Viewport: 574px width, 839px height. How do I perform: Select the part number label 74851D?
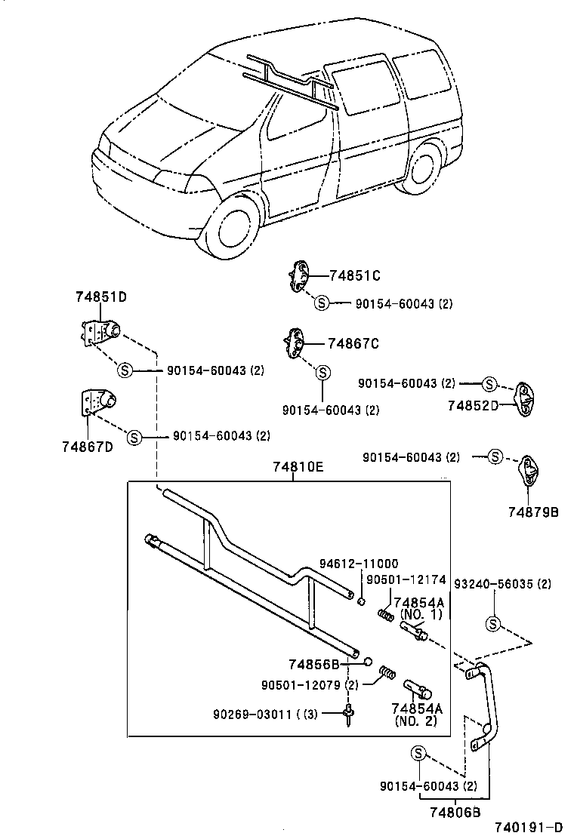click(100, 297)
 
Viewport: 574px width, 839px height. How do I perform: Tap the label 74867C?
click(353, 344)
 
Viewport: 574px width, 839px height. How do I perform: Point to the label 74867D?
click(88, 446)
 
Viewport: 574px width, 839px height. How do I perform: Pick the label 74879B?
click(532, 512)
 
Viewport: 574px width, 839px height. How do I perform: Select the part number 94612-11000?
click(357, 563)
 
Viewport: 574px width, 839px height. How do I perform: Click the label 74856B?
click(313, 664)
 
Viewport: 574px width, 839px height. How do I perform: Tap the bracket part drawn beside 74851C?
click(300, 276)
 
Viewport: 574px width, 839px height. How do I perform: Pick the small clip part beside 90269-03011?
click(349, 714)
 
